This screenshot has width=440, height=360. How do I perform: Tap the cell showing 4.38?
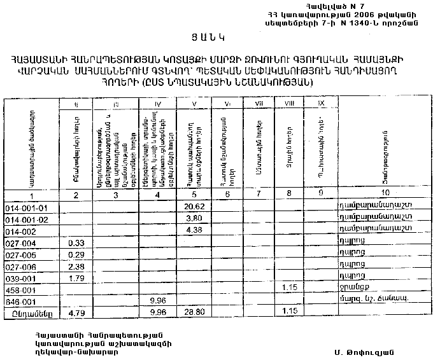click(194, 230)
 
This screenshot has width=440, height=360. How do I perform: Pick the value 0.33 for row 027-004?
click(76, 242)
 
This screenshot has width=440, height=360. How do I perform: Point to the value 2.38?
click(76, 265)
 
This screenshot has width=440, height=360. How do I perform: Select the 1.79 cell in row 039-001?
click(76, 277)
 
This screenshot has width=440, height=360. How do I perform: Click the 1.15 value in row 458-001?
click(290, 288)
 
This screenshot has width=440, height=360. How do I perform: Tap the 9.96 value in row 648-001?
click(157, 300)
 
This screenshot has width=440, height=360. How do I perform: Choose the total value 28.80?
click(194, 313)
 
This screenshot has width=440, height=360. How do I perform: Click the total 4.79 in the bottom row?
click(76, 313)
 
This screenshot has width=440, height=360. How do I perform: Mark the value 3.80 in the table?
click(194, 219)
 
